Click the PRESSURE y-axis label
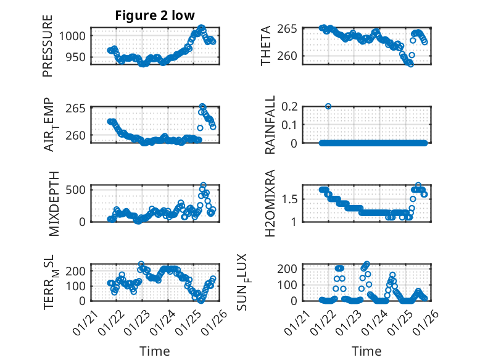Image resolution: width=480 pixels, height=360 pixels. point(48,46)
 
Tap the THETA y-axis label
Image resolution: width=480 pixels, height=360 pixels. point(267,46)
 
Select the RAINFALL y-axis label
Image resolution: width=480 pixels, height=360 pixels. point(270,125)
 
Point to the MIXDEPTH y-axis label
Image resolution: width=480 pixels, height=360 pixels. point(54,203)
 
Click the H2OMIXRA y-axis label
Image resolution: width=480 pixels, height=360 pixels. point(270,203)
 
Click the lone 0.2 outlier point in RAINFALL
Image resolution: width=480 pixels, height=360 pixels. point(329,106)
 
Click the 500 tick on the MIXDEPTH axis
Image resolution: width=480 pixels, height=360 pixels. point(79,189)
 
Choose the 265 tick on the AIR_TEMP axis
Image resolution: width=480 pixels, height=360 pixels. point(79,109)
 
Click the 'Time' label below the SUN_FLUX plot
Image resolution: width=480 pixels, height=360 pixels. point(366,351)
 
